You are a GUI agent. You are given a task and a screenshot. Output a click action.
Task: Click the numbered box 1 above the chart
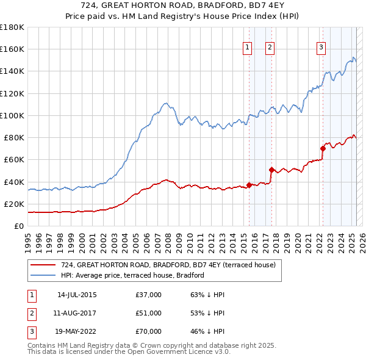[x=248, y=48]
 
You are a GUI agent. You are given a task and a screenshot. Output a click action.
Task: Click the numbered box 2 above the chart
[x=270, y=48]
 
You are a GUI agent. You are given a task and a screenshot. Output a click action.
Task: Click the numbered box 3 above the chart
[x=321, y=48]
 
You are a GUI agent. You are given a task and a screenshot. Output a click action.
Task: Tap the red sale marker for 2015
[x=249, y=185]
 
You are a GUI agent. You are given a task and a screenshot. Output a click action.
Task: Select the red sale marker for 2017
[x=271, y=170]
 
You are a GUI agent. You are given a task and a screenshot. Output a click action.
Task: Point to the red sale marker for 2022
[x=323, y=148]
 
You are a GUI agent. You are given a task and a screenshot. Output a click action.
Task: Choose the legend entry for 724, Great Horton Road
[x=168, y=265]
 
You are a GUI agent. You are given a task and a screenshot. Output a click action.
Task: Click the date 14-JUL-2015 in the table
[x=77, y=295]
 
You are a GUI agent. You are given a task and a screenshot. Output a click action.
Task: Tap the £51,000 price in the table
[x=149, y=313]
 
